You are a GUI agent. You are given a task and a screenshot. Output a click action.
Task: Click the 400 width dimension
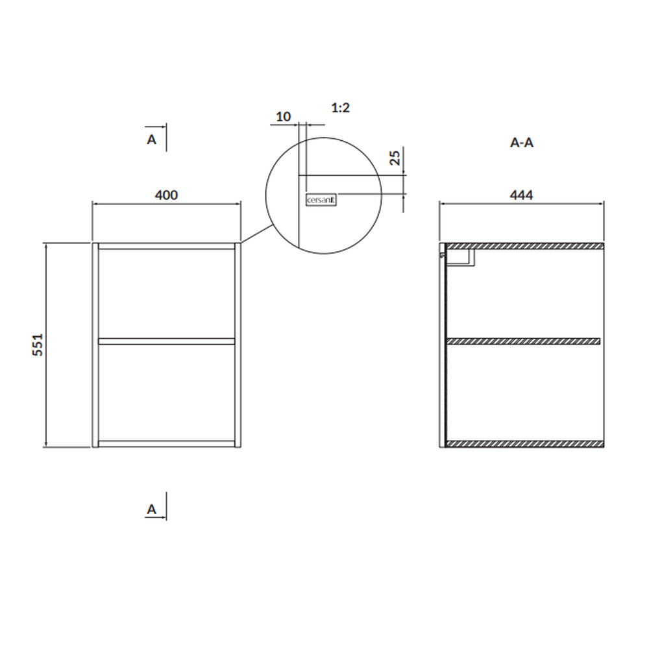[x=166, y=195]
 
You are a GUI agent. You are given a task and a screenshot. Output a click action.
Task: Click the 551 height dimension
[x=38, y=345]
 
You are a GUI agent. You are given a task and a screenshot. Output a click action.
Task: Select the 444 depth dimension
[x=521, y=195]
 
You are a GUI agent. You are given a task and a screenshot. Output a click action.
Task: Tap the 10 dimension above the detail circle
[x=284, y=117]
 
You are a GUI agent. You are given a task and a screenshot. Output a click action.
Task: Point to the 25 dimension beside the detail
[x=396, y=158]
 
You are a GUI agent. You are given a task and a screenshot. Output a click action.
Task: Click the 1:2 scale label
[x=341, y=108]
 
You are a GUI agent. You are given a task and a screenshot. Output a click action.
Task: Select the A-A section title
[x=522, y=143]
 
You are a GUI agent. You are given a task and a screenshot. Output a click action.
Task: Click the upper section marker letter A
[x=151, y=140]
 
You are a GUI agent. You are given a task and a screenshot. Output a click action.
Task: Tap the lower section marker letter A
[x=151, y=509]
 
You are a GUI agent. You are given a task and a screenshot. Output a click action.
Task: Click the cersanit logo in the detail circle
[x=321, y=200]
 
